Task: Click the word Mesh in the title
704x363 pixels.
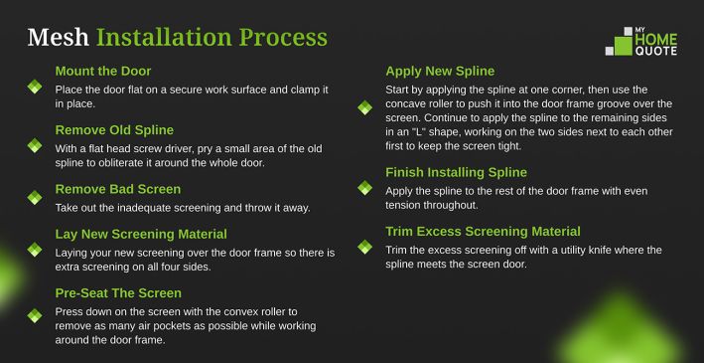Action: pos(58,38)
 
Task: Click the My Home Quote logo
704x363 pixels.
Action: pos(641,42)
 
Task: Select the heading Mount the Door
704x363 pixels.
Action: pos(103,71)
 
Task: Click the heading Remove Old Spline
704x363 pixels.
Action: pos(114,130)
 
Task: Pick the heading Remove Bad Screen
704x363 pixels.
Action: pos(118,189)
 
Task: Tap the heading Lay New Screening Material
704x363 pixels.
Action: pos(141,235)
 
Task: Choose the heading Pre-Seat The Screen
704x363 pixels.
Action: pos(118,293)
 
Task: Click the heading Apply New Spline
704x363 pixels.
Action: pos(440,72)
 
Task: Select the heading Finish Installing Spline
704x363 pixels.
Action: pos(456,173)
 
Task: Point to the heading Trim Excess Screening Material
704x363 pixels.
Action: pos(484,232)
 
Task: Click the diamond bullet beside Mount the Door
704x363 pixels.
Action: pos(35,87)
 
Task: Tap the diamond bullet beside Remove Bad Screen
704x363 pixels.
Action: pos(35,198)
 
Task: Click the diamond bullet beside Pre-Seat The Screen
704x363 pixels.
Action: pos(35,315)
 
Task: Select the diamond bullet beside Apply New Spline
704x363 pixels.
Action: pos(365,107)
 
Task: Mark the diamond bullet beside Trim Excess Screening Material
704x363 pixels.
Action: pos(365,247)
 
